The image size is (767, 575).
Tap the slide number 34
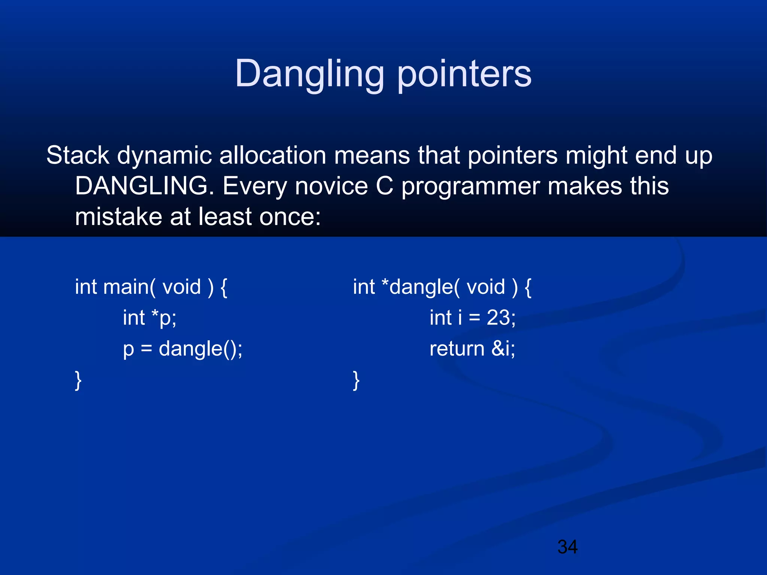coord(567,547)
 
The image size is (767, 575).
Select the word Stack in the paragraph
coord(78,155)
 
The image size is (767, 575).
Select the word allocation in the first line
coord(273,155)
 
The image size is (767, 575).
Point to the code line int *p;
coord(149,318)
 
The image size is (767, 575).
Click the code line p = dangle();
coord(183,349)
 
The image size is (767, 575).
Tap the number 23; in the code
coord(501,318)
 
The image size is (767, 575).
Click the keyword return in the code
coord(457,349)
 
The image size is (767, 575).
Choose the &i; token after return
coord(503,349)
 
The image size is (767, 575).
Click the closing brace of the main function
coord(78,380)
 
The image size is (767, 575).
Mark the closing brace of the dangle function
coord(356,380)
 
